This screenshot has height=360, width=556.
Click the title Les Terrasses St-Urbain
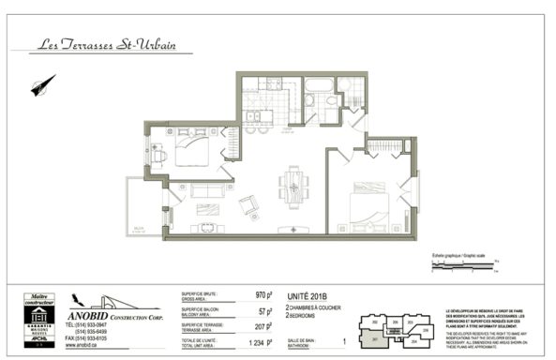110,43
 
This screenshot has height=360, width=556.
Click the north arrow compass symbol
43,86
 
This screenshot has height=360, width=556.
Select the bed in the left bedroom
191,148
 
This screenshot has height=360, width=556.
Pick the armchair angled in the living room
249,205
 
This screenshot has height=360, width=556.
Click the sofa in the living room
206,190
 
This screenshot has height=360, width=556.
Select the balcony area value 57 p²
265,311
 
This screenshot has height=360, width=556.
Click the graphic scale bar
465,266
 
